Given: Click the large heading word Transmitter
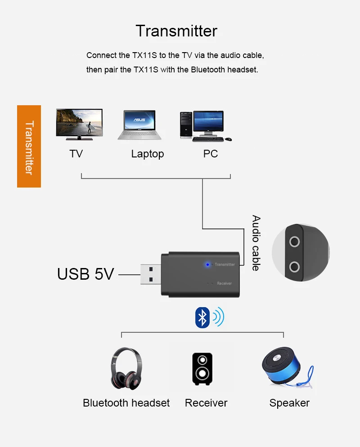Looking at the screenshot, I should point(176,31).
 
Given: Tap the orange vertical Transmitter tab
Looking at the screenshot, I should point(29,147).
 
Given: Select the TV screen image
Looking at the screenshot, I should point(79,122).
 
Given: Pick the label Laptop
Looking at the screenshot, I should point(148,154).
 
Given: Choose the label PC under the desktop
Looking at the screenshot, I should point(210,154).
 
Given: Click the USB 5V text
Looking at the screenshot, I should point(85,274).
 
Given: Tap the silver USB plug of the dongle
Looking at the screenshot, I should point(151,274).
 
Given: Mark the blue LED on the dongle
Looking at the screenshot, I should point(207,264).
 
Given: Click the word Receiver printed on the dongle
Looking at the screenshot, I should point(224,283).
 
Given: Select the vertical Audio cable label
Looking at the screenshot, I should point(256,243).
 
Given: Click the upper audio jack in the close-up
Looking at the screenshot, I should point(295,242).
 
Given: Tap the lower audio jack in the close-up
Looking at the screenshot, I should point(295,267).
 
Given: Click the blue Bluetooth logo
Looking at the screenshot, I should point(202,318).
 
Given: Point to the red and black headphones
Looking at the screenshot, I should point(126,368).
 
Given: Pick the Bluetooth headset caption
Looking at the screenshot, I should point(126,403).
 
